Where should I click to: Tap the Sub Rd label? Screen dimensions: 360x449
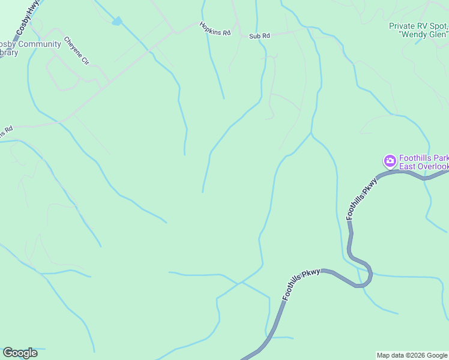[x=259, y=36]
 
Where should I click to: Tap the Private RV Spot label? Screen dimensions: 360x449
[x=418, y=26]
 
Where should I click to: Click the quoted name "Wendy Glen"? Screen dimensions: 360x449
[x=424, y=34]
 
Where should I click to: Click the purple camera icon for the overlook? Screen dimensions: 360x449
[x=390, y=161]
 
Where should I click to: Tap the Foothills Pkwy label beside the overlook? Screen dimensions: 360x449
[x=360, y=198]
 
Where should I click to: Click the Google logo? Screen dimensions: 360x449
[x=20, y=353]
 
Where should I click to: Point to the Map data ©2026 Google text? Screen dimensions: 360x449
[x=412, y=355]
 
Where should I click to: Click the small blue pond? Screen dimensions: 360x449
[x=117, y=22]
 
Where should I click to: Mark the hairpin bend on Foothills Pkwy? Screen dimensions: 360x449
[x=367, y=276]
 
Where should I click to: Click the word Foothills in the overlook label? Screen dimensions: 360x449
[x=417, y=158]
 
